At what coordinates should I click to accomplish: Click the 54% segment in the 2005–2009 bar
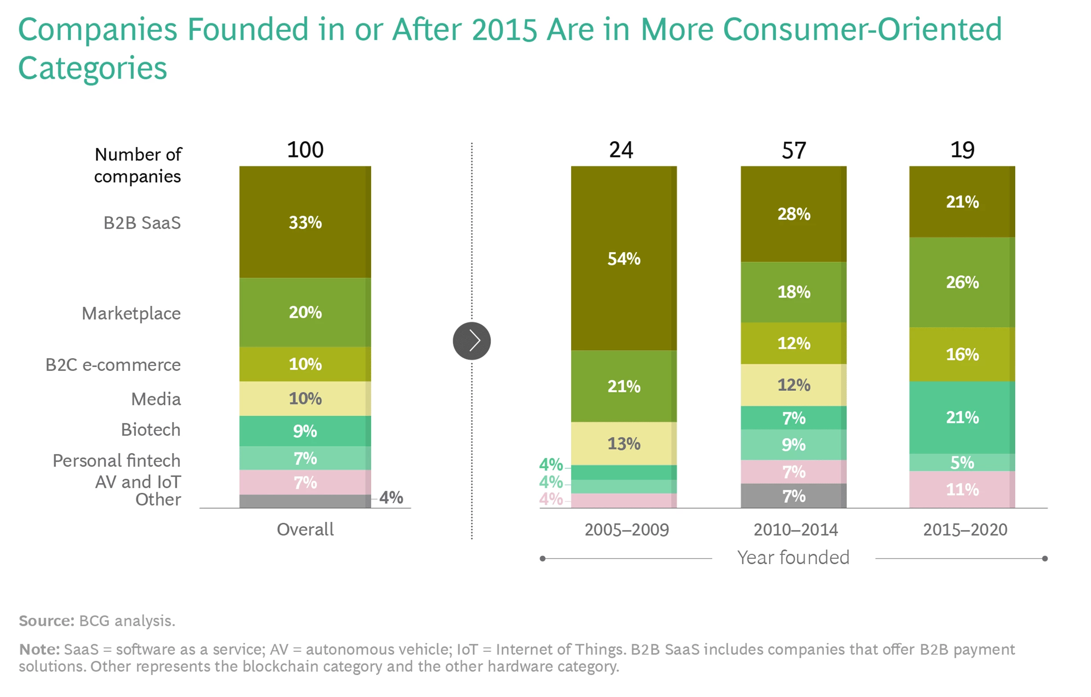623,258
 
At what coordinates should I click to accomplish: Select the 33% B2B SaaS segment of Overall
305,222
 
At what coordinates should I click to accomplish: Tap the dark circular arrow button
472,341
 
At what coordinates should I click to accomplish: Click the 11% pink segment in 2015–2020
961,489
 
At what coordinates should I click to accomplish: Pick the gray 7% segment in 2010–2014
793,496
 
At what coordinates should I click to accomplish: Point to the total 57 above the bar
793,150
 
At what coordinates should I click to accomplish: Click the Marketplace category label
131,313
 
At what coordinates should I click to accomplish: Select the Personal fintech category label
117,460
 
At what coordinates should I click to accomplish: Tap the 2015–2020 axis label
965,529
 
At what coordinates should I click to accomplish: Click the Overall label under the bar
305,529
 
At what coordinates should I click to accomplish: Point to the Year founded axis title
793,558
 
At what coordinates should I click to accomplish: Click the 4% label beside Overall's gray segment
391,497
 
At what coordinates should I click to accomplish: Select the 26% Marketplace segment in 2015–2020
961,282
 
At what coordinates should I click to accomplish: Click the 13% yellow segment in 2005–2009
623,443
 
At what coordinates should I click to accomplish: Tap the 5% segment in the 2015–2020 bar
961,462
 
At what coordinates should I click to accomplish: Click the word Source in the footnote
46,620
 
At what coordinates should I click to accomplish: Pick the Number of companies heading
137,165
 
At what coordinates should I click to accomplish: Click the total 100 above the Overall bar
305,150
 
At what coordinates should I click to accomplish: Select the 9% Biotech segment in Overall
305,430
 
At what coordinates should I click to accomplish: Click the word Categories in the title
92,68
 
